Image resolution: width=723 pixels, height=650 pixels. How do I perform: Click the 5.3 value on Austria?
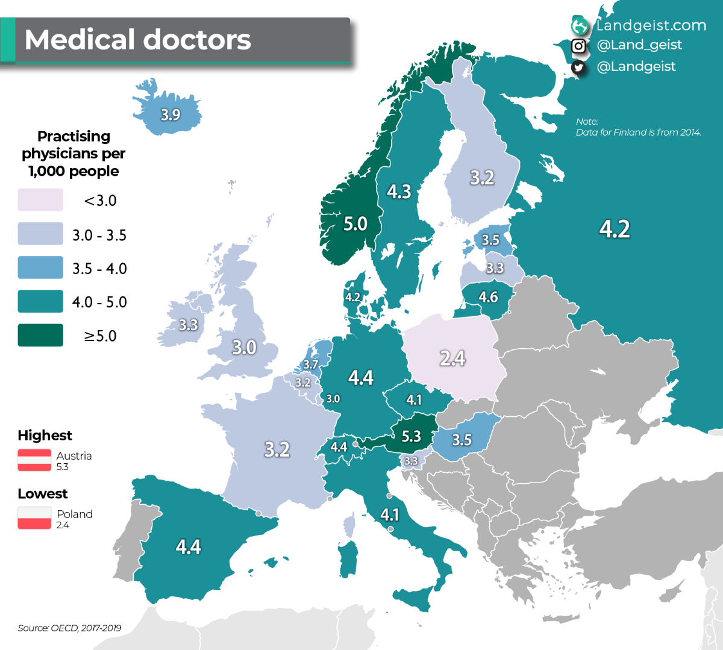(x=412, y=436)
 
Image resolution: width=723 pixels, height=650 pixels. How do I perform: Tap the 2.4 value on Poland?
(x=452, y=358)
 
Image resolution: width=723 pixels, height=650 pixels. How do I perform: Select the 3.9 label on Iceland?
(x=171, y=114)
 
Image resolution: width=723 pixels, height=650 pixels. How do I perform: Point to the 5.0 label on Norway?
(x=355, y=224)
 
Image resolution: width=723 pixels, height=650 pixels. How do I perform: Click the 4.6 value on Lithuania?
(x=488, y=297)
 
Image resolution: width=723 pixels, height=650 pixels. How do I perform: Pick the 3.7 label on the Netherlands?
(x=311, y=364)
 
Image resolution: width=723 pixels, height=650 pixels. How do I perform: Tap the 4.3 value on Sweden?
(x=399, y=192)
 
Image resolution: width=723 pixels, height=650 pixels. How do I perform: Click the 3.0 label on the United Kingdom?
(x=244, y=348)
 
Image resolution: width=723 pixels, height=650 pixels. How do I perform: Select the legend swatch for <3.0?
(x=40, y=200)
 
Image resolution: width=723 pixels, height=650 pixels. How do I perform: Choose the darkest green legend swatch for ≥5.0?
(x=40, y=335)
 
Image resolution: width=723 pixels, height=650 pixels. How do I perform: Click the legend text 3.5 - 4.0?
(x=99, y=269)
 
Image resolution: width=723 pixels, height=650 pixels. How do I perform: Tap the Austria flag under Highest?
(x=34, y=460)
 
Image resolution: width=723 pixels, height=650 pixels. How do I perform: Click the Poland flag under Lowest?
(x=34, y=518)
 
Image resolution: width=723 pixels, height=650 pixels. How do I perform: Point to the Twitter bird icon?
(x=578, y=67)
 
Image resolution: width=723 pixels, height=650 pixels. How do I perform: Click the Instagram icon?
(x=578, y=46)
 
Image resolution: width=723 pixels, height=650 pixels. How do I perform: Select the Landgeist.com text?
(x=651, y=25)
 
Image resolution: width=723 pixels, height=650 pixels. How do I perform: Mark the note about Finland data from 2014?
(x=638, y=127)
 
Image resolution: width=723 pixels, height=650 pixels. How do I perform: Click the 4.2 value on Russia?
(x=615, y=229)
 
